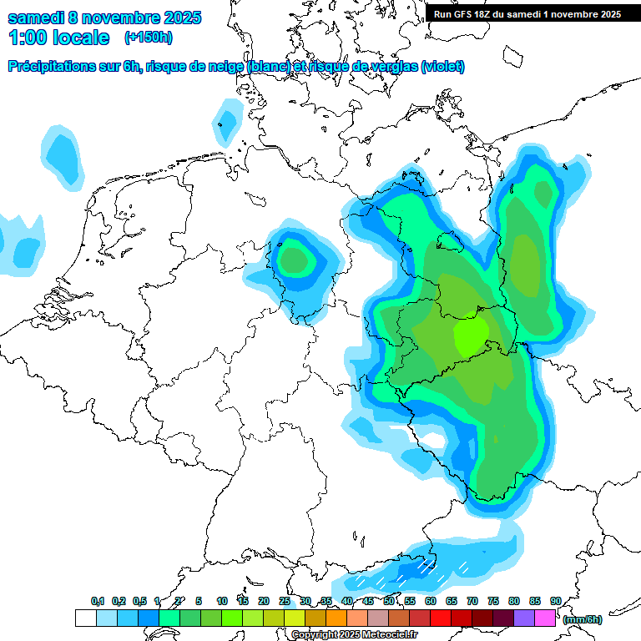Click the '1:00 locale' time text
(58, 38)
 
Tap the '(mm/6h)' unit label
(581, 619)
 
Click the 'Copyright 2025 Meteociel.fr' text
(354, 634)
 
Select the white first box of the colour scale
(85, 618)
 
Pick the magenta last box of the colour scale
(545, 618)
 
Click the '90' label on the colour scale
(556, 602)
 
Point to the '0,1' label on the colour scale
(98, 602)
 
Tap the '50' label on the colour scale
(389, 602)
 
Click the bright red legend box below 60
(441, 618)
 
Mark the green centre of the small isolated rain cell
(294, 260)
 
